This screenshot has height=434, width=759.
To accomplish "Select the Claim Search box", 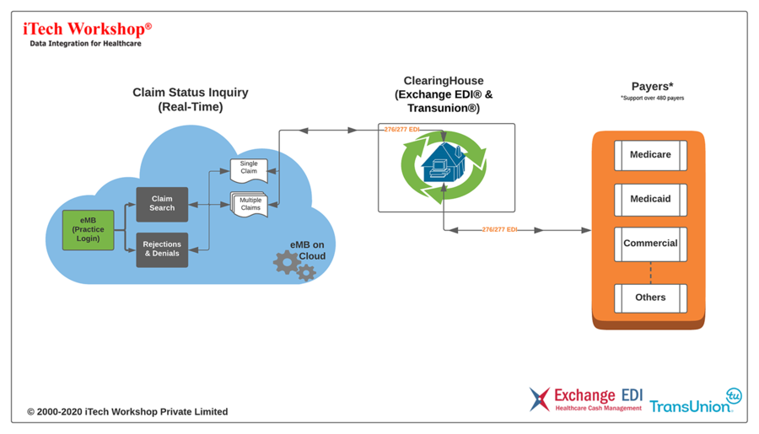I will tap(162, 205).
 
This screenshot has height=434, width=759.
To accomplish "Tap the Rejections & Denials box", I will tap(162, 249).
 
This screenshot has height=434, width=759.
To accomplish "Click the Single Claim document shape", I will tap(249, 169).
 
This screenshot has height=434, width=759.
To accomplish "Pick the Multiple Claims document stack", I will tap(250, 204).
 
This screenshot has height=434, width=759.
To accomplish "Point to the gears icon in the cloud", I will tap(294, 265).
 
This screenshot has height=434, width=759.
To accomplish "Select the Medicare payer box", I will tap(650, 156).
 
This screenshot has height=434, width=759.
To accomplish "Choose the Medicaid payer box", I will tap(650, 200).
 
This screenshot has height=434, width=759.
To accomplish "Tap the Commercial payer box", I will tap(650, 244).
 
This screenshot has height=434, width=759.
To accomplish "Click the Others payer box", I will tap(650, 297).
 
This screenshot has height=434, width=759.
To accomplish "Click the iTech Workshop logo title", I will tap(87, 29).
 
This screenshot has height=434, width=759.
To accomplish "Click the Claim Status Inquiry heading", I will tap(191, 99).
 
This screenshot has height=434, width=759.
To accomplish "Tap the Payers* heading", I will tap(652, 86).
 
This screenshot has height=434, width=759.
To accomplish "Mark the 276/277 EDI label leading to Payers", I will tap(499, 229).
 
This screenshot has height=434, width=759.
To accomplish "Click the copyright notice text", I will tap(127, 412).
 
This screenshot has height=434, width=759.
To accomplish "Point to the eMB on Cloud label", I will tap(308, 249).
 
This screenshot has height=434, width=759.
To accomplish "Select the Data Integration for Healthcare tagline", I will tap(85, 44).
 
